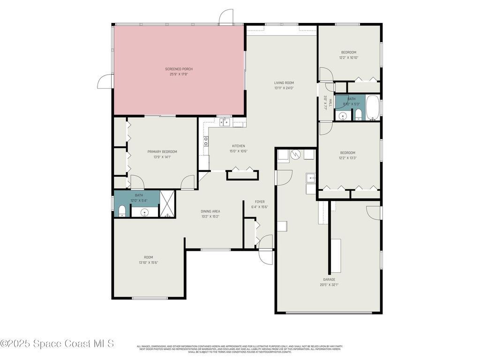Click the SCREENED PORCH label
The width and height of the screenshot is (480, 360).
coord(179,69)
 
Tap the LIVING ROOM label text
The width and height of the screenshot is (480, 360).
coord(284,82)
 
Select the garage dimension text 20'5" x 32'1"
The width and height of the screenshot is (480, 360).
coord(329,285)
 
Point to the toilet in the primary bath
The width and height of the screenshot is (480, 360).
coord(121,210)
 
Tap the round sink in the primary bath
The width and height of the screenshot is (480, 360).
coord(145,212)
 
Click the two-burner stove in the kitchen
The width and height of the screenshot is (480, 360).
coord(206,142)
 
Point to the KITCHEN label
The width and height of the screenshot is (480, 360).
coord(238,146)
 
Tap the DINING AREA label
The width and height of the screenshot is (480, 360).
coord(210,211)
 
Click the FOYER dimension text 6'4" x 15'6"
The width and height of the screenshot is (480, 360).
coord(260,207)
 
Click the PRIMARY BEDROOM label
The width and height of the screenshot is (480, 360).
coord(162,151)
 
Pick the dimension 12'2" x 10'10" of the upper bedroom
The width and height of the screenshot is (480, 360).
coord(348,58)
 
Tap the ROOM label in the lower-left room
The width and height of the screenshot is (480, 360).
coord(148,257)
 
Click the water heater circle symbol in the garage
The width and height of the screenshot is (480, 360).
coord(296,154)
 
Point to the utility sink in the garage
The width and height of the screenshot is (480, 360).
coord(310,177)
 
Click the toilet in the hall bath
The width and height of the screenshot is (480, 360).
coord(358,114)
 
